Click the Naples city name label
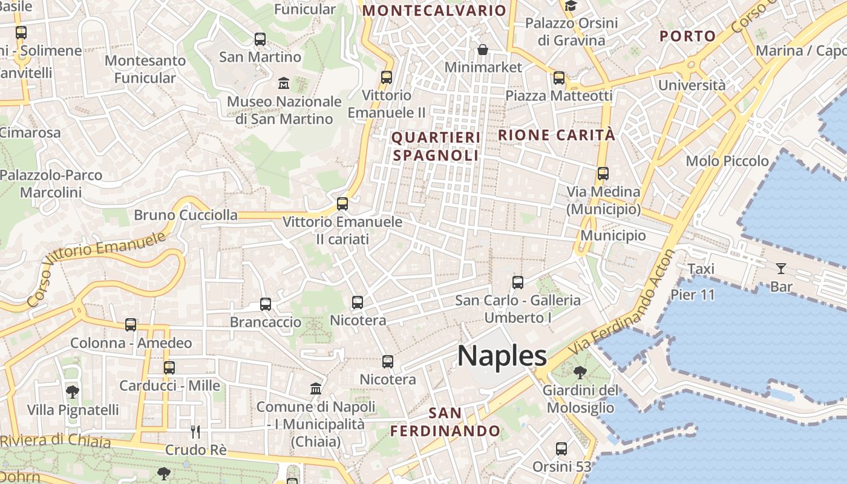pos(502,356)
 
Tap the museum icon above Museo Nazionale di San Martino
pos(283,83)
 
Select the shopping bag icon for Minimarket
pos(483,49)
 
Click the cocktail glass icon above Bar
pos(781,268)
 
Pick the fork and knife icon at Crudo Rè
pos(195,431)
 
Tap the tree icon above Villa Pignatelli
pos(73,391)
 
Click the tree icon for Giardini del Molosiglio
pos(580,372)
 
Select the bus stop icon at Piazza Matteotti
pos(558,78)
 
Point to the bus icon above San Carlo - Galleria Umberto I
pos(517,282)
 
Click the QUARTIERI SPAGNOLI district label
pos(436,146)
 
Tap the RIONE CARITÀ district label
pos(556,135)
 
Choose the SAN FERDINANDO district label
pos(445,422)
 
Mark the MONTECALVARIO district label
pos(434,10)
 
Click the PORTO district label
pos(688,36)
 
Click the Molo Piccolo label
pos(727,161)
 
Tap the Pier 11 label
pos(693,295)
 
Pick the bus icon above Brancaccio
pos(266,304)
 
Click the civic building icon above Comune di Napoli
pos(316,388)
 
